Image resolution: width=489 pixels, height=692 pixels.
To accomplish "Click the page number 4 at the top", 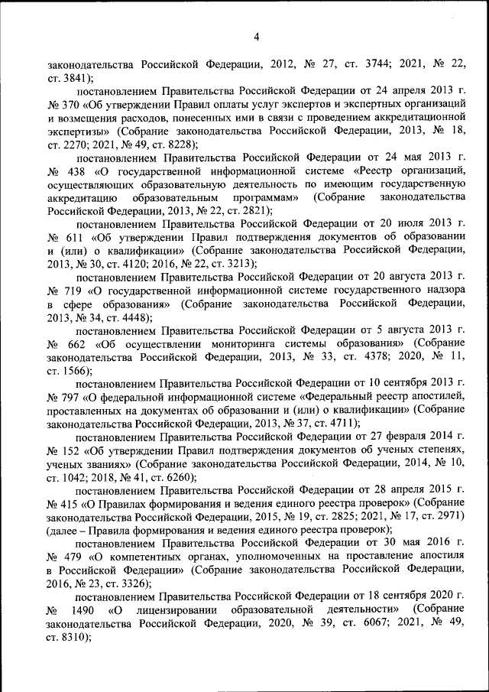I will click(257, 37).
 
